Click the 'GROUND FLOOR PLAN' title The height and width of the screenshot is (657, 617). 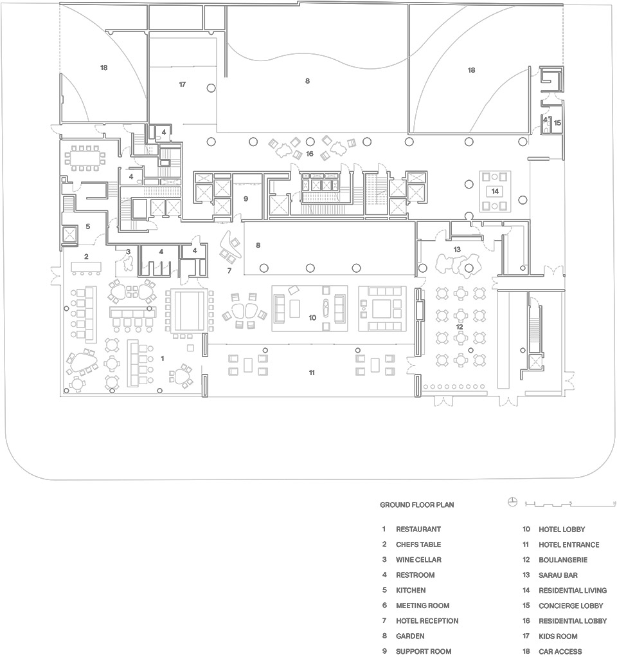click(416, 504)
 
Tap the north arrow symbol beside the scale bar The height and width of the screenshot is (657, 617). click(512, 501)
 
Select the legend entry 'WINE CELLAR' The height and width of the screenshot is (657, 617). click(418, 559)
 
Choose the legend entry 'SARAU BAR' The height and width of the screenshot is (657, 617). click(558, 575)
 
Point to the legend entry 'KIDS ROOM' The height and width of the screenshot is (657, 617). click(558, 636)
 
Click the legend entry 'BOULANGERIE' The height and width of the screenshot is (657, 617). click(562, 559)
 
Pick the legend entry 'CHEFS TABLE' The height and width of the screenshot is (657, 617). click(418, 544)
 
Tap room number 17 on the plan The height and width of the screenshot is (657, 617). click(182, 85)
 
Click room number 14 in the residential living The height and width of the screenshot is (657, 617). click(495, 191)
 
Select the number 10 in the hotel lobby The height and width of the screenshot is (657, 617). click(312, 318)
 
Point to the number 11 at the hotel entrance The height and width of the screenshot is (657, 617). click(312, 373)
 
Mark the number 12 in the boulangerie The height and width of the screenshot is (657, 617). click(459, 327)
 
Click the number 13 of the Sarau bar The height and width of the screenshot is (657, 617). click(457, 249)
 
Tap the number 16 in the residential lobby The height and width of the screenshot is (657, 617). click(309, 154)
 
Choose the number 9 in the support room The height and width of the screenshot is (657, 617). click(246, 199)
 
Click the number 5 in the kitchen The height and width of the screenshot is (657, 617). click(88, 227)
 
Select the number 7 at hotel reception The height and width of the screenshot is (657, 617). click(229, 271)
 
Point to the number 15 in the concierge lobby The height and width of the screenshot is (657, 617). click(557, 123)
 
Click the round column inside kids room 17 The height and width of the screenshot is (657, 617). click(211, 88)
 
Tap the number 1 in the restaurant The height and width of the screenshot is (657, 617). click(163, 358)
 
